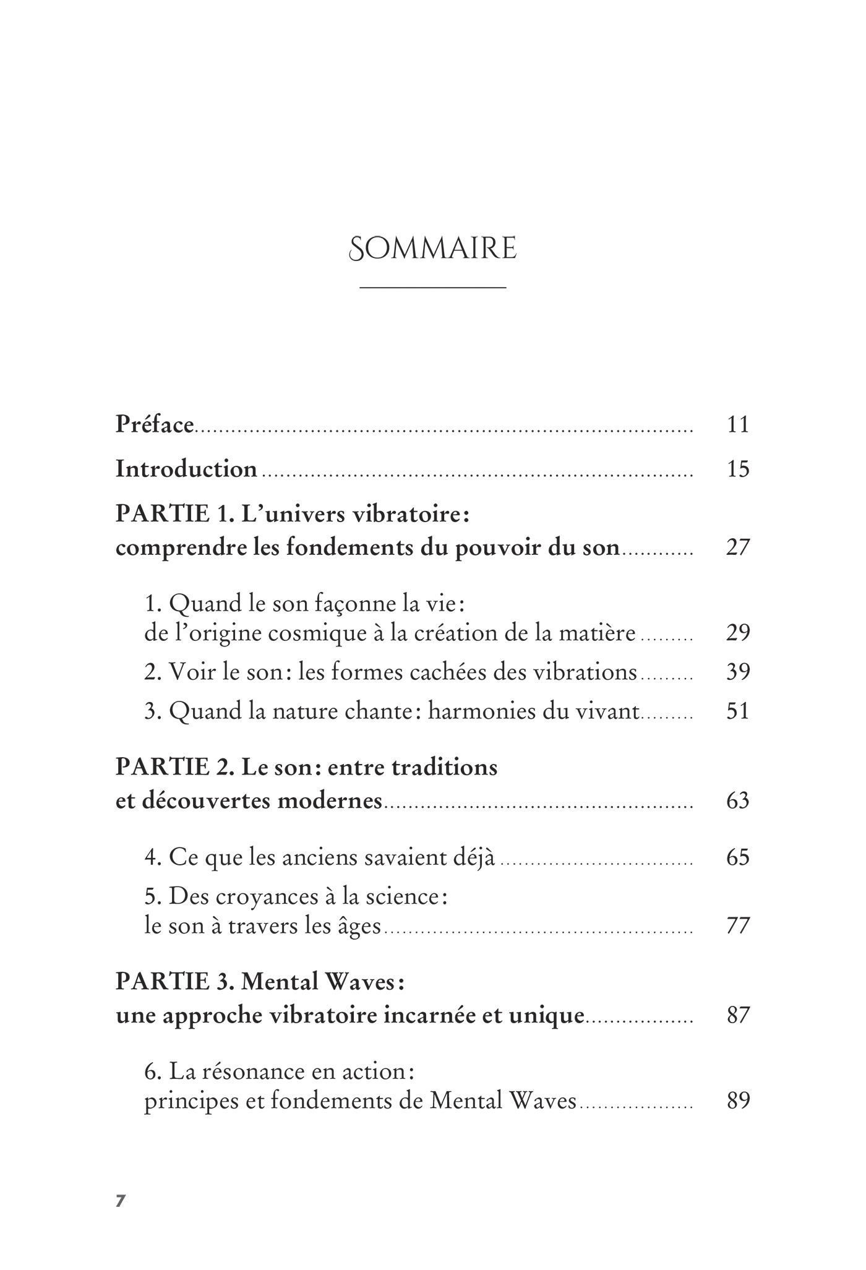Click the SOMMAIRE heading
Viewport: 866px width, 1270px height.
point(432,249)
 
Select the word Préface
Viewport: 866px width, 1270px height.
point(155,425)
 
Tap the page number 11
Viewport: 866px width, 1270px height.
point(738,425)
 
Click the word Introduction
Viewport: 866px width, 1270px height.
point(186,469)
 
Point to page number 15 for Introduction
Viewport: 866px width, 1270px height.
point(738,469)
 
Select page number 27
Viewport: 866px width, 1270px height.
point(738,547)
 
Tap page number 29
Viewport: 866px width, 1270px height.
point(738,633)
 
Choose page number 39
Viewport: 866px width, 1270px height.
point(738,672)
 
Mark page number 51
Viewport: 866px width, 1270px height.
point(738,711)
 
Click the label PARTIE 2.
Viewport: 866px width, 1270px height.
point(172,768)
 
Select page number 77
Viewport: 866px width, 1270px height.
point(738,926)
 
